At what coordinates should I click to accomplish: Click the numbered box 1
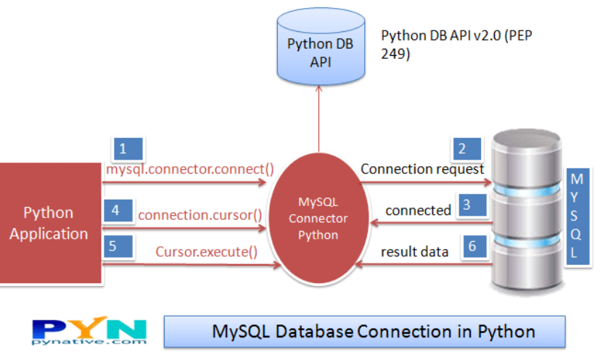pyautogui.click(x=123, y=150)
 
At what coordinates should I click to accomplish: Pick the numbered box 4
pyautogui.click(x=116, y=211)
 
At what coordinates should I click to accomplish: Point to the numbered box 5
pyautogui.click(x=114, y=246)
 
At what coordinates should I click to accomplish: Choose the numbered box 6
pyautogui.click(x=472, y=247)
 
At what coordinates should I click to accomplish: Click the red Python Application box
pyautogui.click(x=49, y=223)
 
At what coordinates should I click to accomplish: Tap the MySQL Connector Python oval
pyautogui.click(x=318, y=217)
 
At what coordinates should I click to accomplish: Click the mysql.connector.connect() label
pyautogui.click(x=190, y=170)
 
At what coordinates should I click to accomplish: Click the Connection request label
pyautogui.click(x=422, y=169)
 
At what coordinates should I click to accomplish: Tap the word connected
pyautogui.click(x=418, y=210)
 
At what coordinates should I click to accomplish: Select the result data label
pyautogui.click(x=415, y=252)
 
